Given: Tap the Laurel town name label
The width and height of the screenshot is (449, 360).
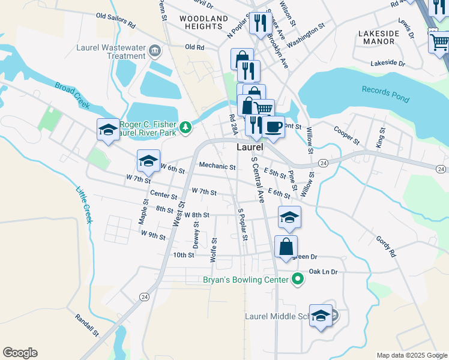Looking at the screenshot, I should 250,146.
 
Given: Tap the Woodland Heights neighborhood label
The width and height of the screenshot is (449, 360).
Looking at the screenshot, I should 204,23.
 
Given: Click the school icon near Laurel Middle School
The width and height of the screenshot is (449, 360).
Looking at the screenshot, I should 321,315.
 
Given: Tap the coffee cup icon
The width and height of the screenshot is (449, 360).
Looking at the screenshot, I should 274,127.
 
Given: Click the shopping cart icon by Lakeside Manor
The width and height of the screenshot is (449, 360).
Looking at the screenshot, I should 439,41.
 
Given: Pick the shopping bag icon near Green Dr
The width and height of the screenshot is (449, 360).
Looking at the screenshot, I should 286,245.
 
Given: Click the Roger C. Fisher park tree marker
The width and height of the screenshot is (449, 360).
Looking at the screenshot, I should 187,126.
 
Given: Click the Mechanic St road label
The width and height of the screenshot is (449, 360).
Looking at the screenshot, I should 217,166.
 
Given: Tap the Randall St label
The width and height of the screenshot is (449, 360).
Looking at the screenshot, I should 88,325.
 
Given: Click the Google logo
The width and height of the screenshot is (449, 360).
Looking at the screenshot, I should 20,353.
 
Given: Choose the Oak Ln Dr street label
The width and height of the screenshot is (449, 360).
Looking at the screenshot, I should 324,272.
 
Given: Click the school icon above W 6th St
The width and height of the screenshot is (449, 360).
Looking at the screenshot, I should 148,160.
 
